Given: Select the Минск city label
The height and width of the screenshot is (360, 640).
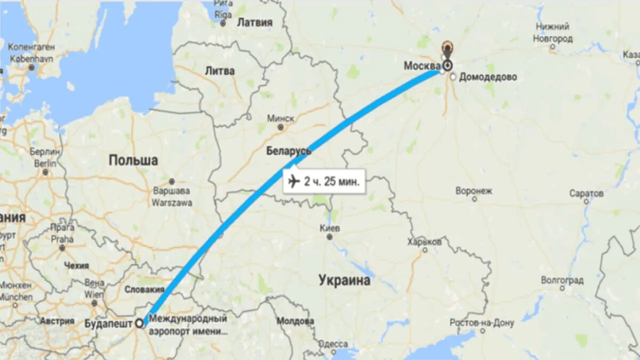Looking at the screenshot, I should tap(281, 118).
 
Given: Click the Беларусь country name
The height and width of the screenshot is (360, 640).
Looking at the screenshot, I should tap(289, 151).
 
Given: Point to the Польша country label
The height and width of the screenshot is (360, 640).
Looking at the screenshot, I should tap(133, 160).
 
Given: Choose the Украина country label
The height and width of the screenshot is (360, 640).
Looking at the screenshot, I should tap(344, 280).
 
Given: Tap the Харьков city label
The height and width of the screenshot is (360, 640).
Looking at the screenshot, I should tap(425, 242).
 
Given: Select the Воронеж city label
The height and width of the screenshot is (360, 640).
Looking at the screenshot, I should tap(474, 191).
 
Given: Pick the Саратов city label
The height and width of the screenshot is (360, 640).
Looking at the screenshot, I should tap(586, 193).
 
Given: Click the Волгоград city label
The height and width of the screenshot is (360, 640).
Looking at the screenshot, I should tap(562, 280).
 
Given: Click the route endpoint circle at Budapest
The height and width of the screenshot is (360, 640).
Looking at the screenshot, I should tap(140, 323).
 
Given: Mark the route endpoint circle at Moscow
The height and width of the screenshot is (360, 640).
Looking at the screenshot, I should tap(447, 66).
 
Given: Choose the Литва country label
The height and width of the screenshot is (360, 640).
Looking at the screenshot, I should tap(220, 71).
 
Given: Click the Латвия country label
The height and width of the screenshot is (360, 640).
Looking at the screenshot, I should tap(254, 22).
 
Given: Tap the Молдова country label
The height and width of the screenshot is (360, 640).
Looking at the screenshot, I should tap(295, 322).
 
